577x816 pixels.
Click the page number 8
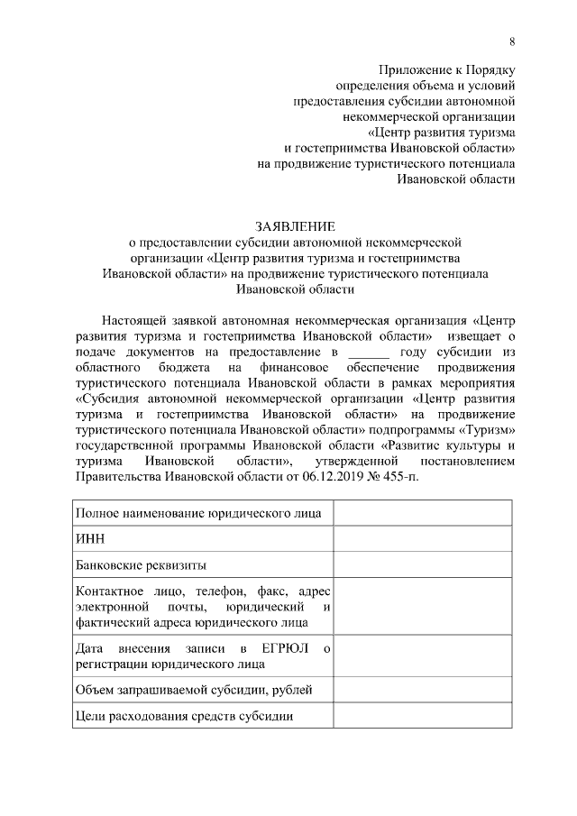click(x=512, y=41)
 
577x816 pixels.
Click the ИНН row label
click(x=92, y=539)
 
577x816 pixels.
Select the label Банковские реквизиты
click(x=142, y=565)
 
